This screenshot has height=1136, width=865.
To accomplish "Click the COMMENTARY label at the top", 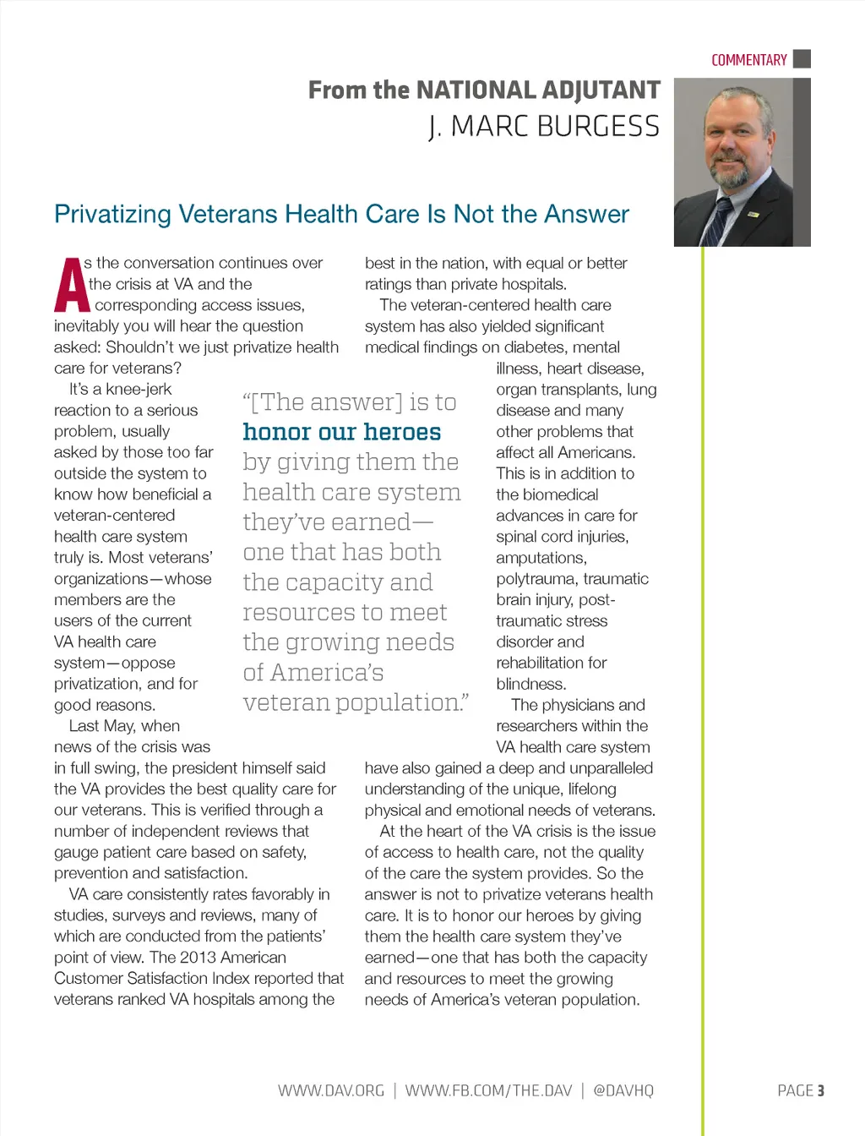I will click(748, 60).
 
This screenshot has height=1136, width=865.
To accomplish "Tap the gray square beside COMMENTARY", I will click(802, 58).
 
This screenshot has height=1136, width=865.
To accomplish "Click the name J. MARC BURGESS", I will click(545, 127).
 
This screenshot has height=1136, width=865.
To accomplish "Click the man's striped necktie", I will click(719, 220).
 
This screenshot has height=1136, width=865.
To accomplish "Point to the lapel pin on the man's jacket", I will click(754, 214).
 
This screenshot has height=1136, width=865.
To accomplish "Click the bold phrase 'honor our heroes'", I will click(342, 432).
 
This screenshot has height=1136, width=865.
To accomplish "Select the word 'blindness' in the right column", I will click(530, 684).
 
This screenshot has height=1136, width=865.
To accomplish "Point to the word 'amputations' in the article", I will click(541, 558).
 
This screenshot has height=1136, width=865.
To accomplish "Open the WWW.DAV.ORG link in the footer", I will click(331, 1090).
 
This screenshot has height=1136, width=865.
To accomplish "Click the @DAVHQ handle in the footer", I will click(623, 1090).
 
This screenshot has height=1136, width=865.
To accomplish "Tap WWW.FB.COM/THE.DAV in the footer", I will click(488, 1090).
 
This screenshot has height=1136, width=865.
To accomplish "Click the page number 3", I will click(820, 1090).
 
